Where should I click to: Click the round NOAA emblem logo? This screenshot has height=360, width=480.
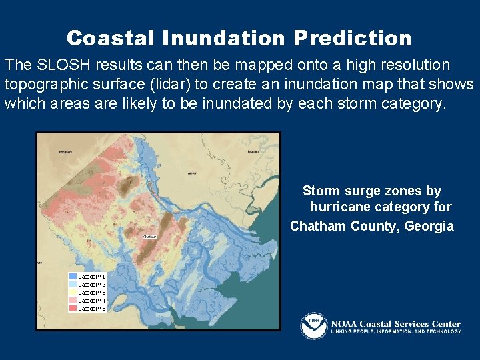pyautogui.click(x=313, y=325)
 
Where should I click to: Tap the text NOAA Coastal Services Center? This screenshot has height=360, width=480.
pyautogui.click(x=396, y=323)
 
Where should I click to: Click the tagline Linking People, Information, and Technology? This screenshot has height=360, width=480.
pyautogui.click(x=396, y=331)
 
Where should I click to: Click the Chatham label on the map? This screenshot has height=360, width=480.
pyautogui.click(x=149, y=236)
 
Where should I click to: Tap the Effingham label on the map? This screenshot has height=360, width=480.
pyautogui.click(x=65, y=152)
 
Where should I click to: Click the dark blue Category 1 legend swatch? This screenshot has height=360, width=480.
pyautogui.click(x=73, y=276)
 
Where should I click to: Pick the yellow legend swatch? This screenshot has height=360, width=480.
pyautogui.click(x=73, y=292)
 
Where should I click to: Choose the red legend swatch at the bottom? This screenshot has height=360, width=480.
pyautogui.click(x=73, y=309)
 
